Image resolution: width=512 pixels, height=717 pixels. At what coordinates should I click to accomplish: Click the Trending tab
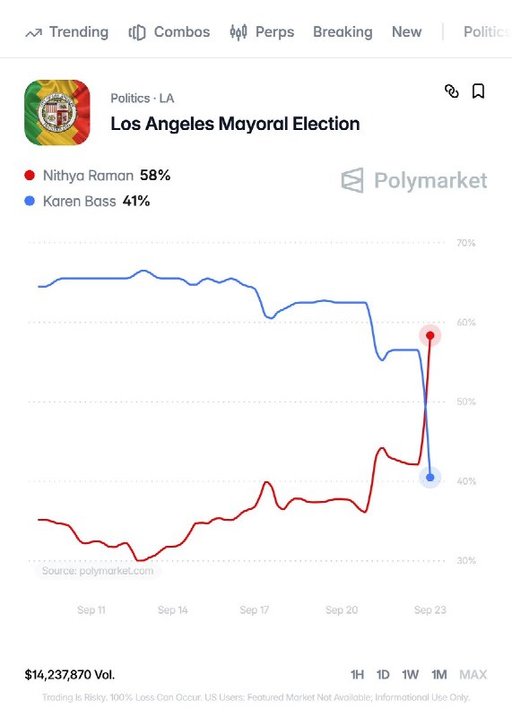67,32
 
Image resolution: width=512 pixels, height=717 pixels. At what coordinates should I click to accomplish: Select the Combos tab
169,32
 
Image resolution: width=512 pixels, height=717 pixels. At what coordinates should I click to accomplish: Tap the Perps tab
262,32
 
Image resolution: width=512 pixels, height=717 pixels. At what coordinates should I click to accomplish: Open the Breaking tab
343,32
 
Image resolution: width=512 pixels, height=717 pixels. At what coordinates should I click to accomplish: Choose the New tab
407,32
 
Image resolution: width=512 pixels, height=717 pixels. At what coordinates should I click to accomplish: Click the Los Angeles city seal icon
57,113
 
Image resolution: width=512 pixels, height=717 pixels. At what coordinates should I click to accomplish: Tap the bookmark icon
478,91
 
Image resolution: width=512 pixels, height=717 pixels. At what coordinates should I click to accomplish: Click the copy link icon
452,91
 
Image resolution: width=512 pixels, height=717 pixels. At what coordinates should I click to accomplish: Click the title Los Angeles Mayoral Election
235,124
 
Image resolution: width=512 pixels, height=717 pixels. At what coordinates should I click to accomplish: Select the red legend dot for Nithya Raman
30,175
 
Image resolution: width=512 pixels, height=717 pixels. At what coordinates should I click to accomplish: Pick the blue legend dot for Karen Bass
30,201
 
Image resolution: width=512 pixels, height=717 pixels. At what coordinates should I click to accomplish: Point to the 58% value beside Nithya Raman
155,175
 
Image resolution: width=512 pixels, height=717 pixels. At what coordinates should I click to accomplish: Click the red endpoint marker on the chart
430,335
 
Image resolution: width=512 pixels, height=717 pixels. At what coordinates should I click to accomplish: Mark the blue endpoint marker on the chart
430,478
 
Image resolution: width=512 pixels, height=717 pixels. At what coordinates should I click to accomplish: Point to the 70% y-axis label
465,243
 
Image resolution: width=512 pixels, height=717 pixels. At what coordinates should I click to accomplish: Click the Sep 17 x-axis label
255,610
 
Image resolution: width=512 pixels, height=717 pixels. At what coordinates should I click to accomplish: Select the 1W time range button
411,675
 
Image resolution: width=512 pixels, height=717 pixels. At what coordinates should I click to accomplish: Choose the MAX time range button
473,675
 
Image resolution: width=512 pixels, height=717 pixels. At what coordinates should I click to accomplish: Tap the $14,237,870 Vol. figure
70,675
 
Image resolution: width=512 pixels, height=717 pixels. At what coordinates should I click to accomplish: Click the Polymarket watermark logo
414,180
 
